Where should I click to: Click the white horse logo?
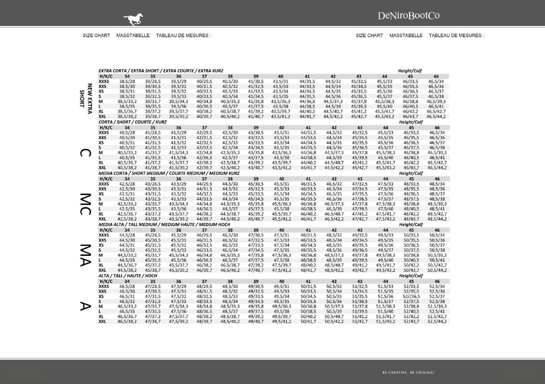[x=133, y=19]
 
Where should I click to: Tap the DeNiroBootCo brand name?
[x=408, y=15]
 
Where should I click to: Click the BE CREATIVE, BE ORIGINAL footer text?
[x=408, y=372]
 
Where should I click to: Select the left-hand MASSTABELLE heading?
[x=133, y=35]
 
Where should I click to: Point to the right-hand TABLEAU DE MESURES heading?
[x=455, y=35]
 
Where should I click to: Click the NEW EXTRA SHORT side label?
[x=86, y=99]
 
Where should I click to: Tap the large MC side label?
[x=86, y=204]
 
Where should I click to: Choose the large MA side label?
[x=86, y=255]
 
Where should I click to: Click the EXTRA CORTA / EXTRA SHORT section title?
[x=161, y=71]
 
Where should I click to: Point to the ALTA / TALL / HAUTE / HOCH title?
[x=128, y=276]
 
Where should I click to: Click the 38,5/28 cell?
[x=127, y=81]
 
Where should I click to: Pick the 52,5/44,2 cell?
[x=437, y=321]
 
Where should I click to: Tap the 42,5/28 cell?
[x=127, y=184]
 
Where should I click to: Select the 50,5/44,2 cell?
[x=437, y=270]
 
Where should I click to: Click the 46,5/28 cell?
[x=127, y=286]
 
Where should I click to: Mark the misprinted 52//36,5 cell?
[x=411, y=297]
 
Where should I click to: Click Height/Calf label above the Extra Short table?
[x=410, y=71]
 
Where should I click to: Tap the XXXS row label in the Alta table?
[x=104, y=286]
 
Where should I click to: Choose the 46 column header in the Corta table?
[x=437, y=128]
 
